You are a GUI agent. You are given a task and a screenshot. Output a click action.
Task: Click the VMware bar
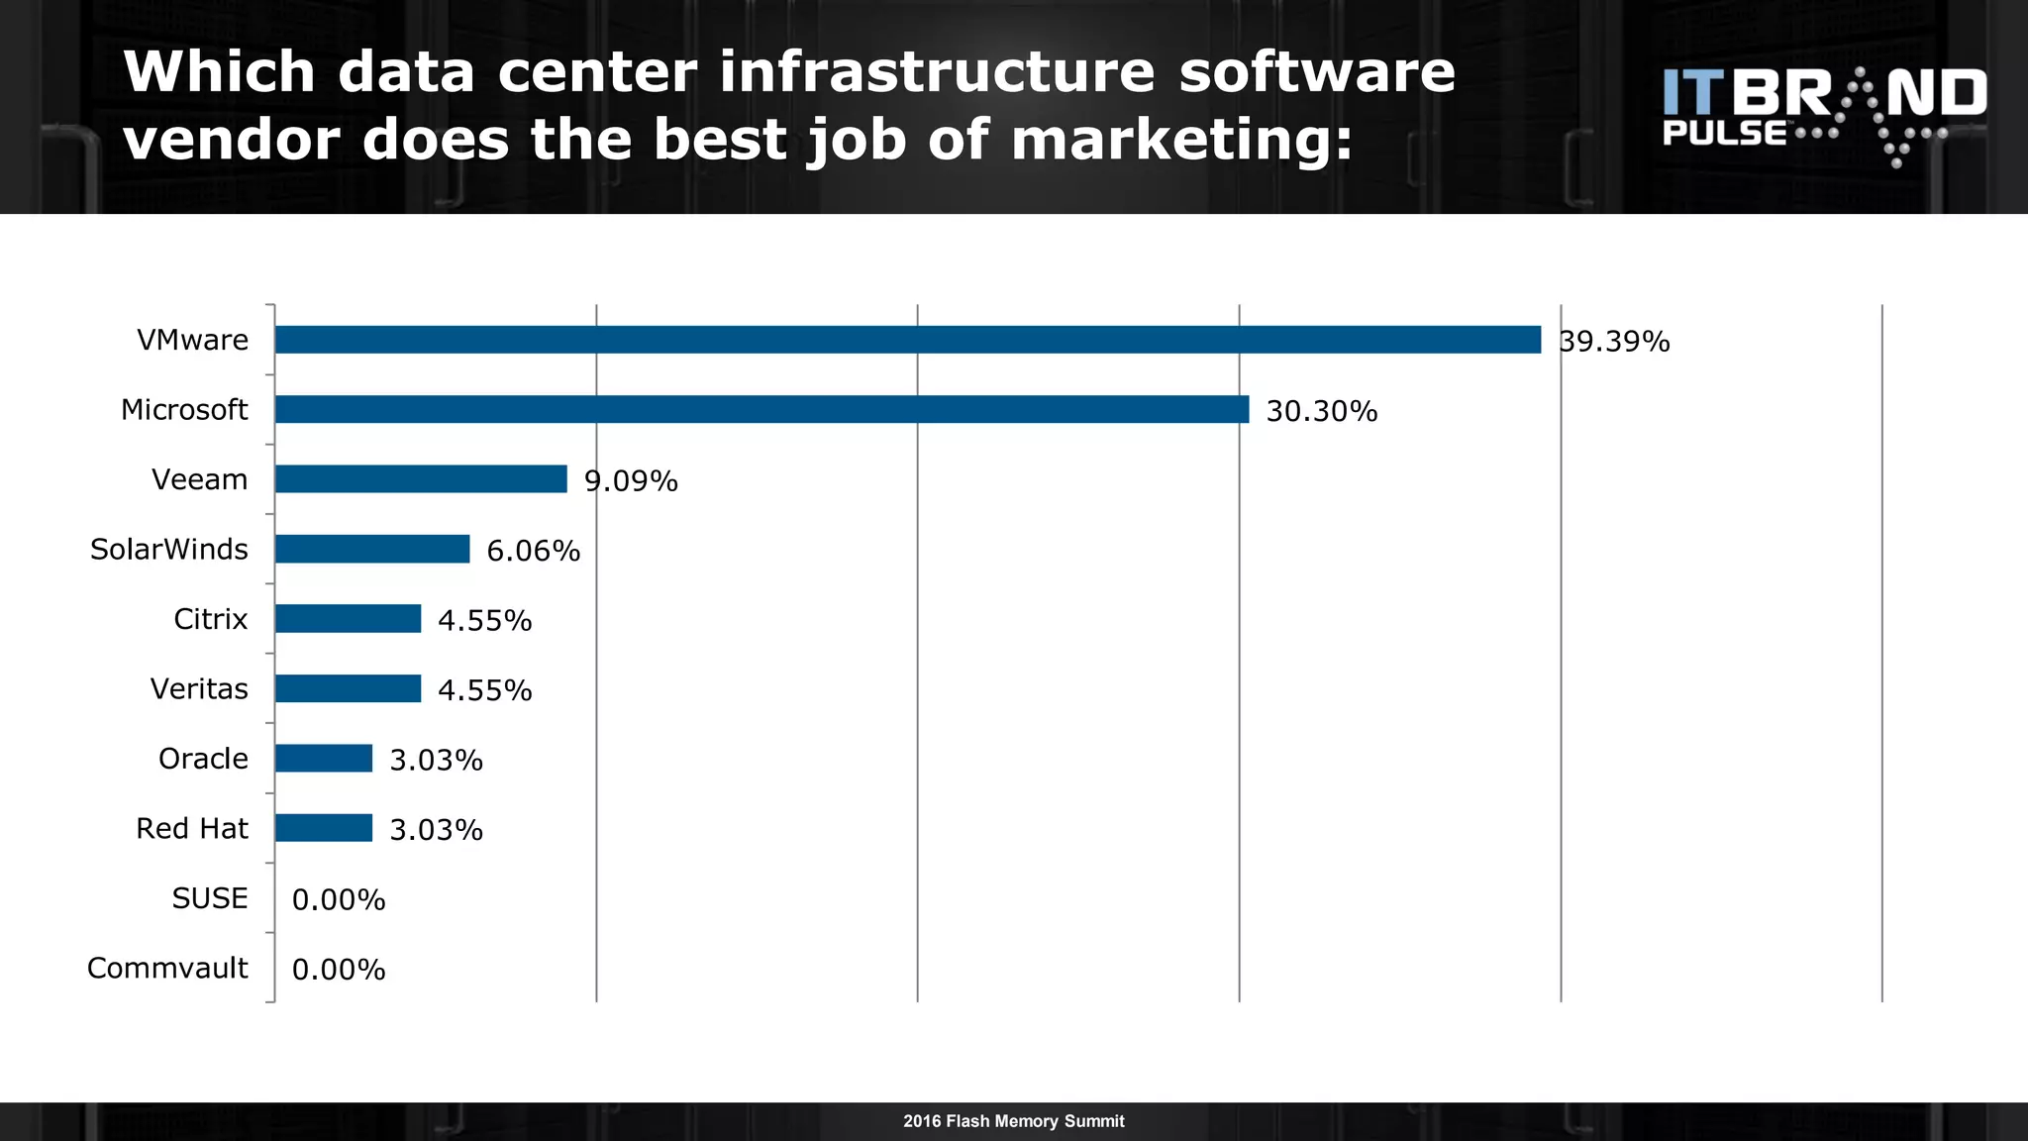coord(907,340)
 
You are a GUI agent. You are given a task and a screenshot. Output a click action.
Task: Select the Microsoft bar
coord(761,409)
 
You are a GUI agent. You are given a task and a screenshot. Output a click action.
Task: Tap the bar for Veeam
coord(421,479)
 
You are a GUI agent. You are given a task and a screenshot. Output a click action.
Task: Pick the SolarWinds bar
coord(372,549)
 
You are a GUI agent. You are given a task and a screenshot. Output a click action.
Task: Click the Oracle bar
coord(324,759)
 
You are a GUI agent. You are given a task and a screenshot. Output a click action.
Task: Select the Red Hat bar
coord(324,828)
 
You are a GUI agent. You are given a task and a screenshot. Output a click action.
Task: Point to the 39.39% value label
coord(1614,342)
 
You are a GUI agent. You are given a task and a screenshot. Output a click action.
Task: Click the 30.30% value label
coord(1322,411)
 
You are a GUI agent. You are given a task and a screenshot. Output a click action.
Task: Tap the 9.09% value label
coord(631,481)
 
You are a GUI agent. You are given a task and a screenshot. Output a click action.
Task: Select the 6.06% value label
coord(533,551)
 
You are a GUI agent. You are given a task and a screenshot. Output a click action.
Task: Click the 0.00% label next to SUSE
coord(339,899)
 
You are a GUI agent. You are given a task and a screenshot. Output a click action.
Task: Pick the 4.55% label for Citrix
coord(484,621)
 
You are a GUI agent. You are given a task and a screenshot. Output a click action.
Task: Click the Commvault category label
coord(167,968)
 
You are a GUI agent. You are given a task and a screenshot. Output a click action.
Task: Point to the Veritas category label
coord(199,688)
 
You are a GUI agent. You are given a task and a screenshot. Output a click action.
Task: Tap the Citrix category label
coord(210,619)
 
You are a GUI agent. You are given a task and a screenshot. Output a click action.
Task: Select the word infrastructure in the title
coord(937,72)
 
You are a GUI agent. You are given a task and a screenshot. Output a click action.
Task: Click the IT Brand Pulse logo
coord(1824,114)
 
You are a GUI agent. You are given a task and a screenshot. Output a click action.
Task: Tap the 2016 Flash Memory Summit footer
coord(1013,1121)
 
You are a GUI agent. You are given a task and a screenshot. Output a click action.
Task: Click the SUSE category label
coord(210,898)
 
